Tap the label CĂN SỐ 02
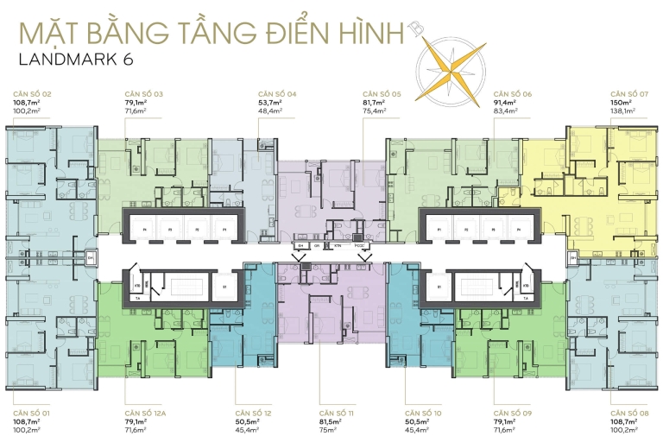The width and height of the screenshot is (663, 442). click(33, 93)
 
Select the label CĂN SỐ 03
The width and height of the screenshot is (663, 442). click(146, 93)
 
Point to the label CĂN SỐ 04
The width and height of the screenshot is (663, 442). click(277, 93)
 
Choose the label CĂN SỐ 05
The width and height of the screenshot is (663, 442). click(382, 93)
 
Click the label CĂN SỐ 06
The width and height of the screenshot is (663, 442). click(512, 93)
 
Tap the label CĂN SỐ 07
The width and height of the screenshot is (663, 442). click(629, 93)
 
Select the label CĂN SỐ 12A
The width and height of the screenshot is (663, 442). click(148, 413)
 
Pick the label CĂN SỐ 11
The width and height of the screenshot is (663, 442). click(338, 413)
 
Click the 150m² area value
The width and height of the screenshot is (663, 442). click(622, 103)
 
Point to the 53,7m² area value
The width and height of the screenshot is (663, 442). click(271, 103)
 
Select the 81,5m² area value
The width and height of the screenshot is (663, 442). click(331, 421)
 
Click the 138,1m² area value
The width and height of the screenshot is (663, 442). click(623, 111)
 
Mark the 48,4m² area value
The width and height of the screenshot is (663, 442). click(271, 111)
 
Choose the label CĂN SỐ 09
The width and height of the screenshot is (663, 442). click(513, 413)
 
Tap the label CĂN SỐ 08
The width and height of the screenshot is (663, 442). click(629, 413)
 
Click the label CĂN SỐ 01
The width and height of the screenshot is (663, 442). click(33, 413)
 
